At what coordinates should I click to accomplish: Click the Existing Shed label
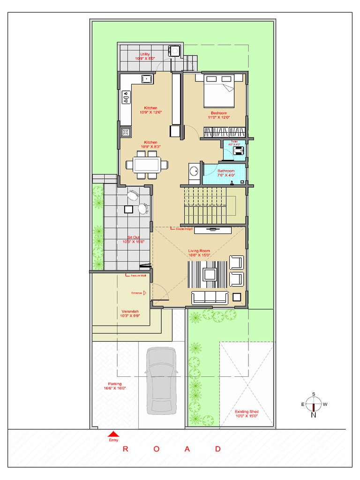point(247,414)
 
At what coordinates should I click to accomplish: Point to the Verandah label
point(130,313)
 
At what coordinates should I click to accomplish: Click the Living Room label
point(199,253)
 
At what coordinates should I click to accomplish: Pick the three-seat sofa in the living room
point(210,297)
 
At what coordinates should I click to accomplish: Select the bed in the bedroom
point(218,90)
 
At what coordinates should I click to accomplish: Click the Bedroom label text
point(218,115)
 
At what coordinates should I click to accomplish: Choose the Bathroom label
point(226,173)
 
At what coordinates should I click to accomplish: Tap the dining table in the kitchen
point(147,165)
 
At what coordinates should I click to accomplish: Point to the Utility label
point(145,56)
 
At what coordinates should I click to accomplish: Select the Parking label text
point(114,386)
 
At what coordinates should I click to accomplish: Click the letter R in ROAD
point(126,449)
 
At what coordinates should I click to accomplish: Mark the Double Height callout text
point(184,229)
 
